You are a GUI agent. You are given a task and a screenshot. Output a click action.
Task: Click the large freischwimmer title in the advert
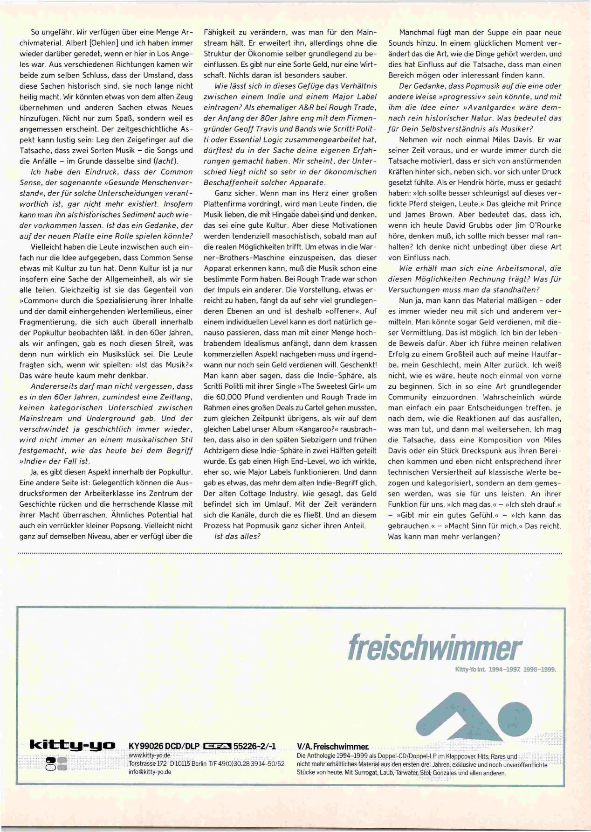click(x=435, y=647)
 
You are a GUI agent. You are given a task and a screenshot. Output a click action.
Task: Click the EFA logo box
click(x=218, y=747)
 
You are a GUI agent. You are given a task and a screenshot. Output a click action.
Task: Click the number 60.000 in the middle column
click(x=231, y=397)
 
